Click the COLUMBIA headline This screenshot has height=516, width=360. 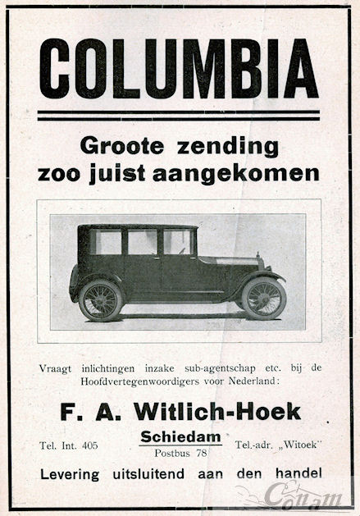pos(178,69)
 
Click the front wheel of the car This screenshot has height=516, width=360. pos(263,298)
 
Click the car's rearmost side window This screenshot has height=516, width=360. pos(107,242)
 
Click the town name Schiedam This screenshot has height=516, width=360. pos(180,436)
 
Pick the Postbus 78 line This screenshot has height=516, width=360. pos(180,452)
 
